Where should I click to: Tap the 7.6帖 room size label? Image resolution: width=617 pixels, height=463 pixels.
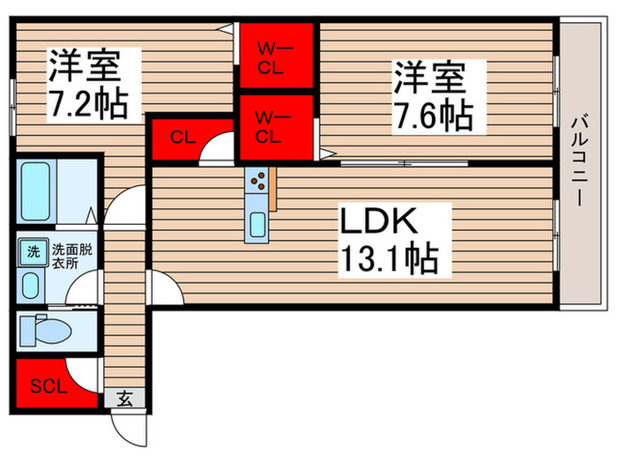430,113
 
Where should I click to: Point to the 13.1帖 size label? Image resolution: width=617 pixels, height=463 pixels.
389,259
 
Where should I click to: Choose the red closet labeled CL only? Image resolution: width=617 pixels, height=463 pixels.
182,137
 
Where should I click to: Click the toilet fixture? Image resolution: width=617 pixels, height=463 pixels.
49,332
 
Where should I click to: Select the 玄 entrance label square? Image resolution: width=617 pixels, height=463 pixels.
124,400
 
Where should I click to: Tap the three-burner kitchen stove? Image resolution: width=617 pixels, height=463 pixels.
259,182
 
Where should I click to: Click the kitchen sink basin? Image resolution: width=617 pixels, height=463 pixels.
257,224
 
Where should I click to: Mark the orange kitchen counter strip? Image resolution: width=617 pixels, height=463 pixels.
274,190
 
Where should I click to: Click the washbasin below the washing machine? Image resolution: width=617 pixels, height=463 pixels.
32,285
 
